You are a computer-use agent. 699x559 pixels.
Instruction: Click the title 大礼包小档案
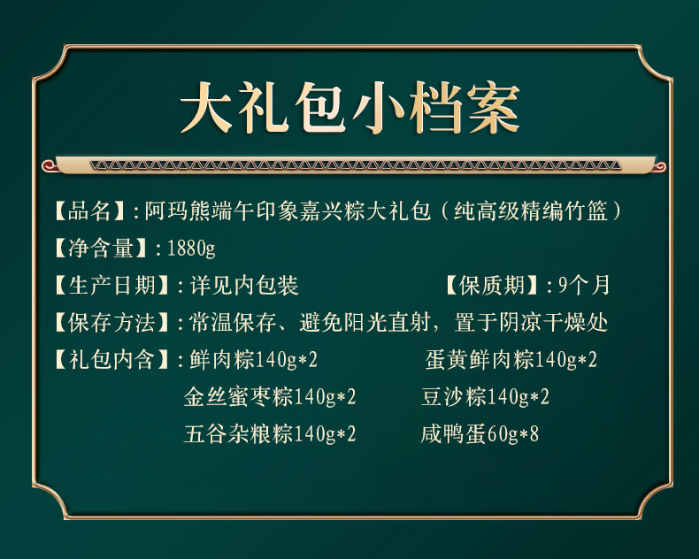click(x=350, y=107)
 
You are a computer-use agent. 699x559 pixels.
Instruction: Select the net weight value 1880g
click(x=191, y=248)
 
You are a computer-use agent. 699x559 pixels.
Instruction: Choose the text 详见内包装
click(x=244, y=286)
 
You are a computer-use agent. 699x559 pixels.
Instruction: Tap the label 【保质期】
click(x=492, y=286)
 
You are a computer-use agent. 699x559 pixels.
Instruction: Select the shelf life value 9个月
click(x=584, y=286)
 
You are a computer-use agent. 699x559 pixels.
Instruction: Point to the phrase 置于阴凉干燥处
click(x=531, y=322)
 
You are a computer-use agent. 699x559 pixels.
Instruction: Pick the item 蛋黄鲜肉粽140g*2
click(x=511, y=359)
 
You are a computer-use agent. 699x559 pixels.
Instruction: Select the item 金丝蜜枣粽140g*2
click(x=270, y=396)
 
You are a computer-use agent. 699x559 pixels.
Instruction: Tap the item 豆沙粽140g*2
click(x=486, y=396)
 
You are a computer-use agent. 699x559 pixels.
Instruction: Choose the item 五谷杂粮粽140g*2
click(x=270, y=433)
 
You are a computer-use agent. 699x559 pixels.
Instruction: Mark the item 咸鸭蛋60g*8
click(x=480, y=433)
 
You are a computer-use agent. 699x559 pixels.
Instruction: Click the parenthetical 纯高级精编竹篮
click(x=531, y=211)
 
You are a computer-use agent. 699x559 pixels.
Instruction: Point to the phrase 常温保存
click(x=233, y=322)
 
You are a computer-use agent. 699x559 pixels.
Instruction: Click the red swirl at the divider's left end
click(x=48, y=166)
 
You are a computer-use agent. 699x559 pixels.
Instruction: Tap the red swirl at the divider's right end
click(x=660, y=166)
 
